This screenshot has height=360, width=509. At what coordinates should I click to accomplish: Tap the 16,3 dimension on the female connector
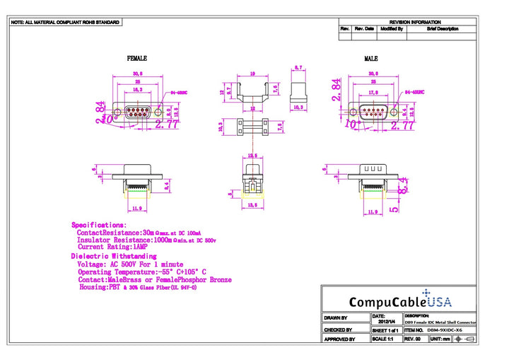(138, 91)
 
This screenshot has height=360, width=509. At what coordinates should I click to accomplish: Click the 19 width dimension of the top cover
(252, 74)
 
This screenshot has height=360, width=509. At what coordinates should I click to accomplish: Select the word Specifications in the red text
(99, 225)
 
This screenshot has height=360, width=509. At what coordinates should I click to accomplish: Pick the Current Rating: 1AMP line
(110, 248)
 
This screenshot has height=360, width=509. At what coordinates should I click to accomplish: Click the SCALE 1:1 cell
(384, 339)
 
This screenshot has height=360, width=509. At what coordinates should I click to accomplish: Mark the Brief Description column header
(443, 30)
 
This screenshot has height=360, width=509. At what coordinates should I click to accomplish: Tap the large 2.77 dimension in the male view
(407, 125)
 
